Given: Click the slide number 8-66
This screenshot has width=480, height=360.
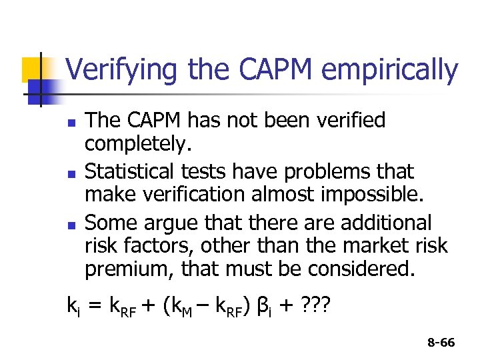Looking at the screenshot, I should tap(440, 343).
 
